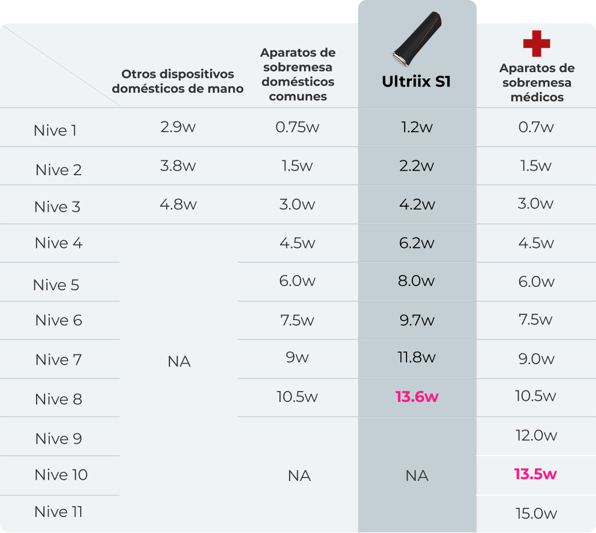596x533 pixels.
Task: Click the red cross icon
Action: coord(536,44)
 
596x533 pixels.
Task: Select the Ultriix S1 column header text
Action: coord(416,82)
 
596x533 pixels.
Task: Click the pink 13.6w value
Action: coord(417,397)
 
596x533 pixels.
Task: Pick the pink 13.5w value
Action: coord(535,474)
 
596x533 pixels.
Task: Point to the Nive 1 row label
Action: coord(55,131)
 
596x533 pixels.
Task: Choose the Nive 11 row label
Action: coord(58,512)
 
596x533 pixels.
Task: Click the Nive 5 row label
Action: coord(56,285)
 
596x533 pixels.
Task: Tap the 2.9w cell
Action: coord(178,127)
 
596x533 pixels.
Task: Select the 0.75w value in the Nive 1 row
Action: coord(297,127)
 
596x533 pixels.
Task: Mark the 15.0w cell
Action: coord(536,514)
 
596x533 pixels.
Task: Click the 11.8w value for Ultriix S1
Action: coord(417,358)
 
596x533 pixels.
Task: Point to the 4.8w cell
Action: coord(178,204)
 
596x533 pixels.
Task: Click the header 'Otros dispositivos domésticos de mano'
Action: coord(177,81)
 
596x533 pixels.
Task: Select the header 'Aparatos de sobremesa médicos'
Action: coord(536,83)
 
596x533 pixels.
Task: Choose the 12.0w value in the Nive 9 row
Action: coord(536,436)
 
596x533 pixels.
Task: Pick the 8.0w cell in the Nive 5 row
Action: coord(417,281)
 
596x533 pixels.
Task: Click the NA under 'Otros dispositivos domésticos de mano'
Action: coord(179,362)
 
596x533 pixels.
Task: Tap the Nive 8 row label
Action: coord(58,399)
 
